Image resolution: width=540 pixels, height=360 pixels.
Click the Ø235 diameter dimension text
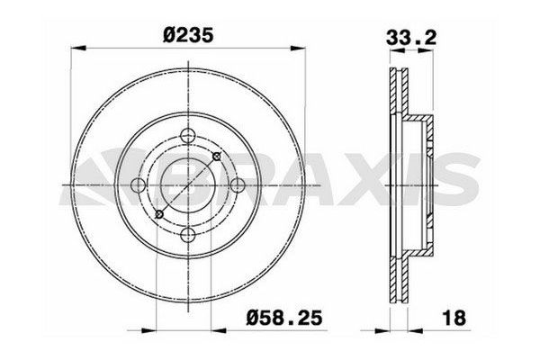187,33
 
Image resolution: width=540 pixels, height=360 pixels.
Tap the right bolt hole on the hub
237,185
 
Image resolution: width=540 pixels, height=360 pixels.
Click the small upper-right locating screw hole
215,157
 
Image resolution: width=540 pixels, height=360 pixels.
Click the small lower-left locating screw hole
158,214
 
